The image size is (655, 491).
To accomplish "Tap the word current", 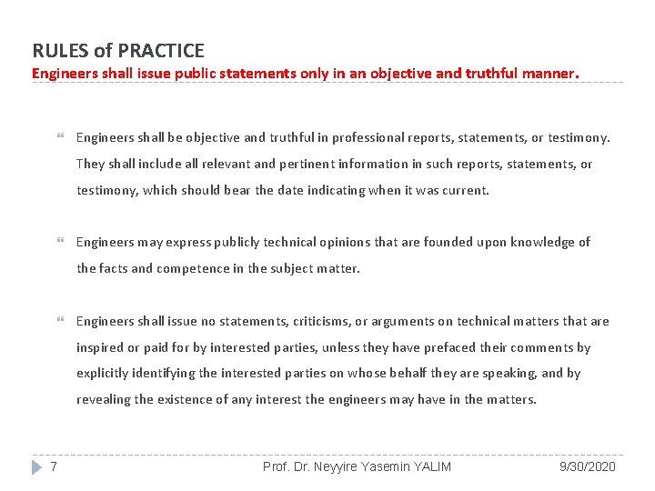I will pos(466,191).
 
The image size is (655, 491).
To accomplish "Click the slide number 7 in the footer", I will pos(55,466).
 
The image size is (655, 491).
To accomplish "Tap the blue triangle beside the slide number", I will pos(36,466).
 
